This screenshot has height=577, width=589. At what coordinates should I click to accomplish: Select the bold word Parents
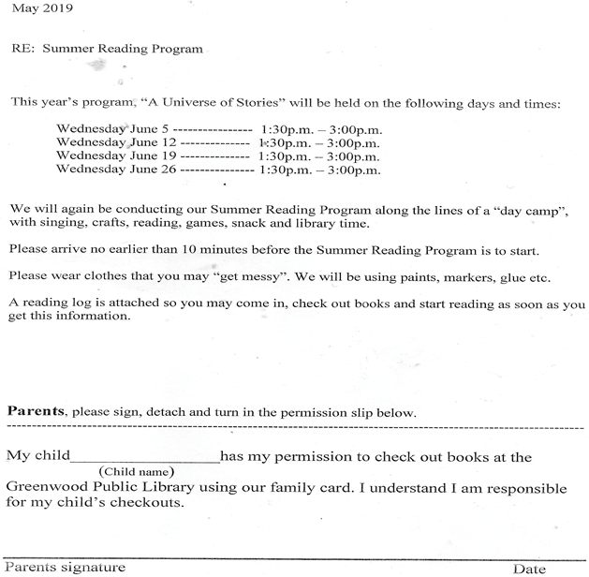pyautogui.click(x=36, y=411)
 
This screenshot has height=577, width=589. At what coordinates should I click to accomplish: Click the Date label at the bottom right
pyautogui.click(x=529, y=569)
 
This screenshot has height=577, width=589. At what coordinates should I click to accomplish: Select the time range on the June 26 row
pyautogui.click(x=319, y=170)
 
